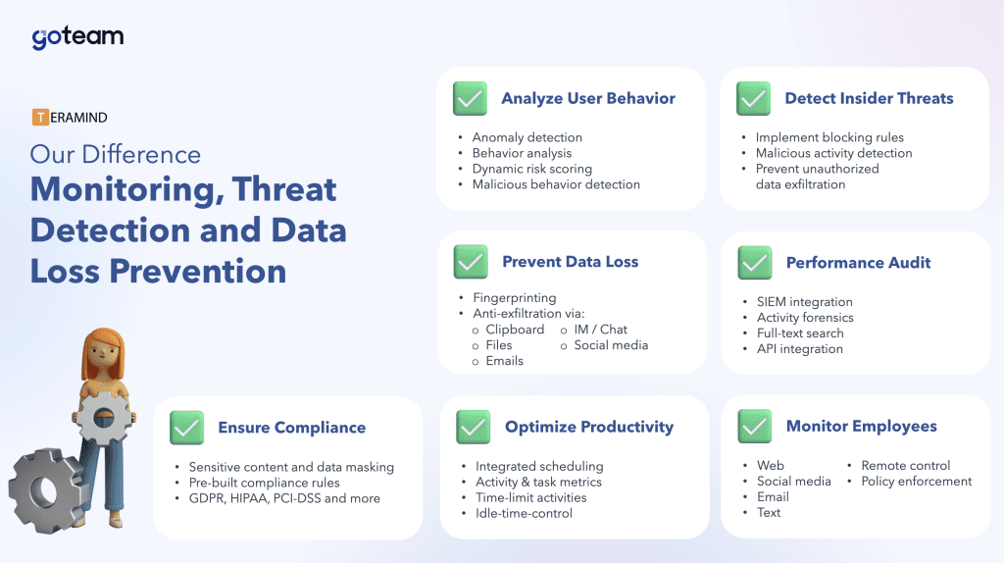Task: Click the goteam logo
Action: pos(77,37)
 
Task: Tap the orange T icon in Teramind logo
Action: pos(40,118)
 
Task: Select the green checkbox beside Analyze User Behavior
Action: pos(470,99)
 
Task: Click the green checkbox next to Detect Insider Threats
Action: pos(754,99)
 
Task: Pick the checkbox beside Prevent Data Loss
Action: pos(471,262)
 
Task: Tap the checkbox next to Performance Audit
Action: pos(755,263)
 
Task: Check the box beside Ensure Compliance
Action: pos(187,428)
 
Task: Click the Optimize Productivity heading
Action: pos(589,428)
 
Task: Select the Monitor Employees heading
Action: pos(861,427)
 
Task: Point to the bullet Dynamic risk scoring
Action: pos(532,169)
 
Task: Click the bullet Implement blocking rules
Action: pos(829,137)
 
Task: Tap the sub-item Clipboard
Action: pos(515,330)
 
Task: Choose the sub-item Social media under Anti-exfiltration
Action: pos(611,345)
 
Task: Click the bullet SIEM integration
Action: pos(804,302)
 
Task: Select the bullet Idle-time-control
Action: pos(524,513)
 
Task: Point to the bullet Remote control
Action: pos(905,466)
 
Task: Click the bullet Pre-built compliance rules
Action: pos(264,483)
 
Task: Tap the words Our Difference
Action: pos(116,154)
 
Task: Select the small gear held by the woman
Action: pos(103,419)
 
